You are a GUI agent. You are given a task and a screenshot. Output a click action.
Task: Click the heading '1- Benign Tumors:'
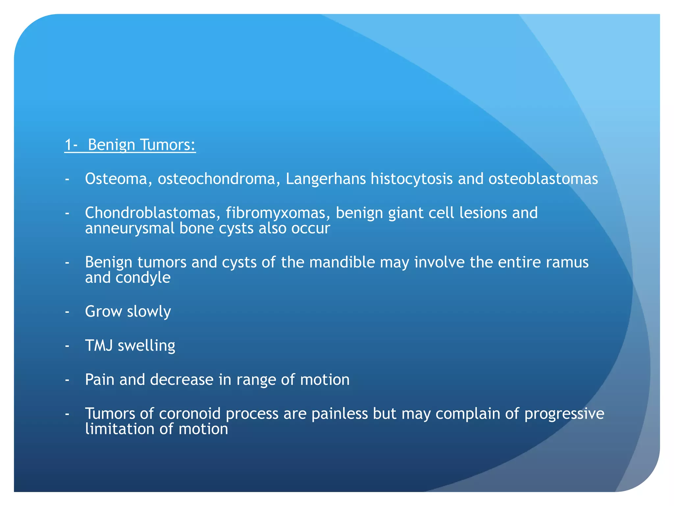click(130, 145)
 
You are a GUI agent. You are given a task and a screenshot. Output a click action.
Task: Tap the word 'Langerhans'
click(325, 179)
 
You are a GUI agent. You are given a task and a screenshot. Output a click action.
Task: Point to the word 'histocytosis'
click(411, 179)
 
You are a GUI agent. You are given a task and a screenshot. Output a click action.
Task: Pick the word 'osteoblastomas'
click(543, 179)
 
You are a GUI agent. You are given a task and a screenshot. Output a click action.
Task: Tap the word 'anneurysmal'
click(130, 228)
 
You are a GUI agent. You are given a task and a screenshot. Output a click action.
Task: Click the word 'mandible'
click(342, 262)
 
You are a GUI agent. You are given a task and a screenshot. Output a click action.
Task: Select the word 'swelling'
click(146, 346)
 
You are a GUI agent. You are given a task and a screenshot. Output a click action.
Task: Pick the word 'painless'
click(339, 413)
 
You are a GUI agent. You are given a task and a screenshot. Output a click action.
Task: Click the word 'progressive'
click(564, 413)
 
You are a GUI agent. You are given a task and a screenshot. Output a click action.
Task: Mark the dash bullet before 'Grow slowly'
click(67, 312)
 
